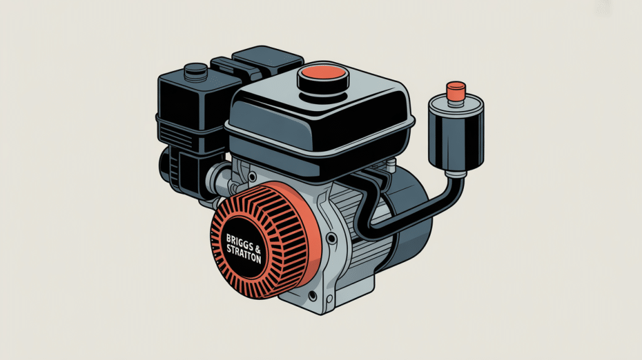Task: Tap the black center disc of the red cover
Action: pyautogui.click(x=246, y=247)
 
